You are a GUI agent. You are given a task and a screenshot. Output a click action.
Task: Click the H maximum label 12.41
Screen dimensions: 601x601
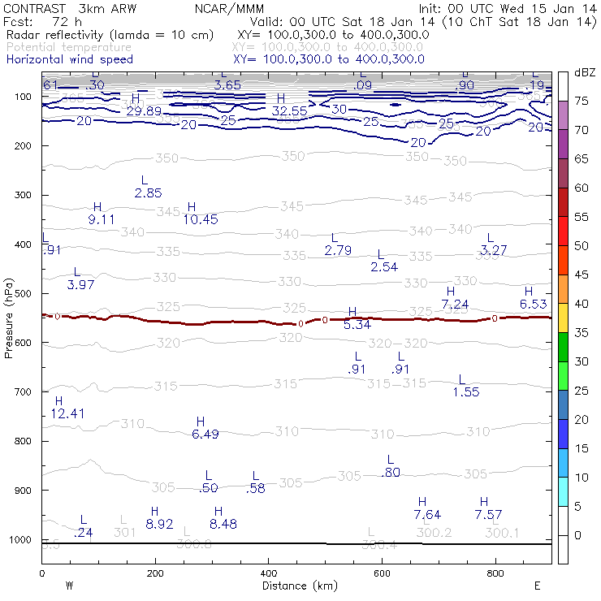point(67,413)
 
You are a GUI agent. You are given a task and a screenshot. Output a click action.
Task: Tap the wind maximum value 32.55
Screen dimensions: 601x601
point(289,110)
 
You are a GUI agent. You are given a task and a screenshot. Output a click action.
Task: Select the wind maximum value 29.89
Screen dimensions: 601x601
point(144,110)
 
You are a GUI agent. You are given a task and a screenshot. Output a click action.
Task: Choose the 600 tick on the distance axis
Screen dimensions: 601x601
point(381,573)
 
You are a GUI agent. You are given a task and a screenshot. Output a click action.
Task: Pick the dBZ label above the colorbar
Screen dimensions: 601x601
point(585,73)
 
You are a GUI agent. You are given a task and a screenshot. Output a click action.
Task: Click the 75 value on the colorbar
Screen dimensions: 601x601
point(582,101)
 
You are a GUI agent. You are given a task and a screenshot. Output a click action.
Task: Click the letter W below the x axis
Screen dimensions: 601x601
point(70,586)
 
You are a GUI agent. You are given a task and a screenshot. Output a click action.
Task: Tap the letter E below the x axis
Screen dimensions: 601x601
point(537,586)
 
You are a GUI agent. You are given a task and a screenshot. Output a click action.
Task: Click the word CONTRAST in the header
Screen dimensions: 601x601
point(32,8)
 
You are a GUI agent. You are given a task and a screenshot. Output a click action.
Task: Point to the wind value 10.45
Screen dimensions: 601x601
point(201,219)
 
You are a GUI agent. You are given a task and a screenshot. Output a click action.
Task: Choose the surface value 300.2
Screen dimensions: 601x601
point(434,532)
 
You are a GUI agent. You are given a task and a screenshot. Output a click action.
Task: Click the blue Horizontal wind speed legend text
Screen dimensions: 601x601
point(69,59)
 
